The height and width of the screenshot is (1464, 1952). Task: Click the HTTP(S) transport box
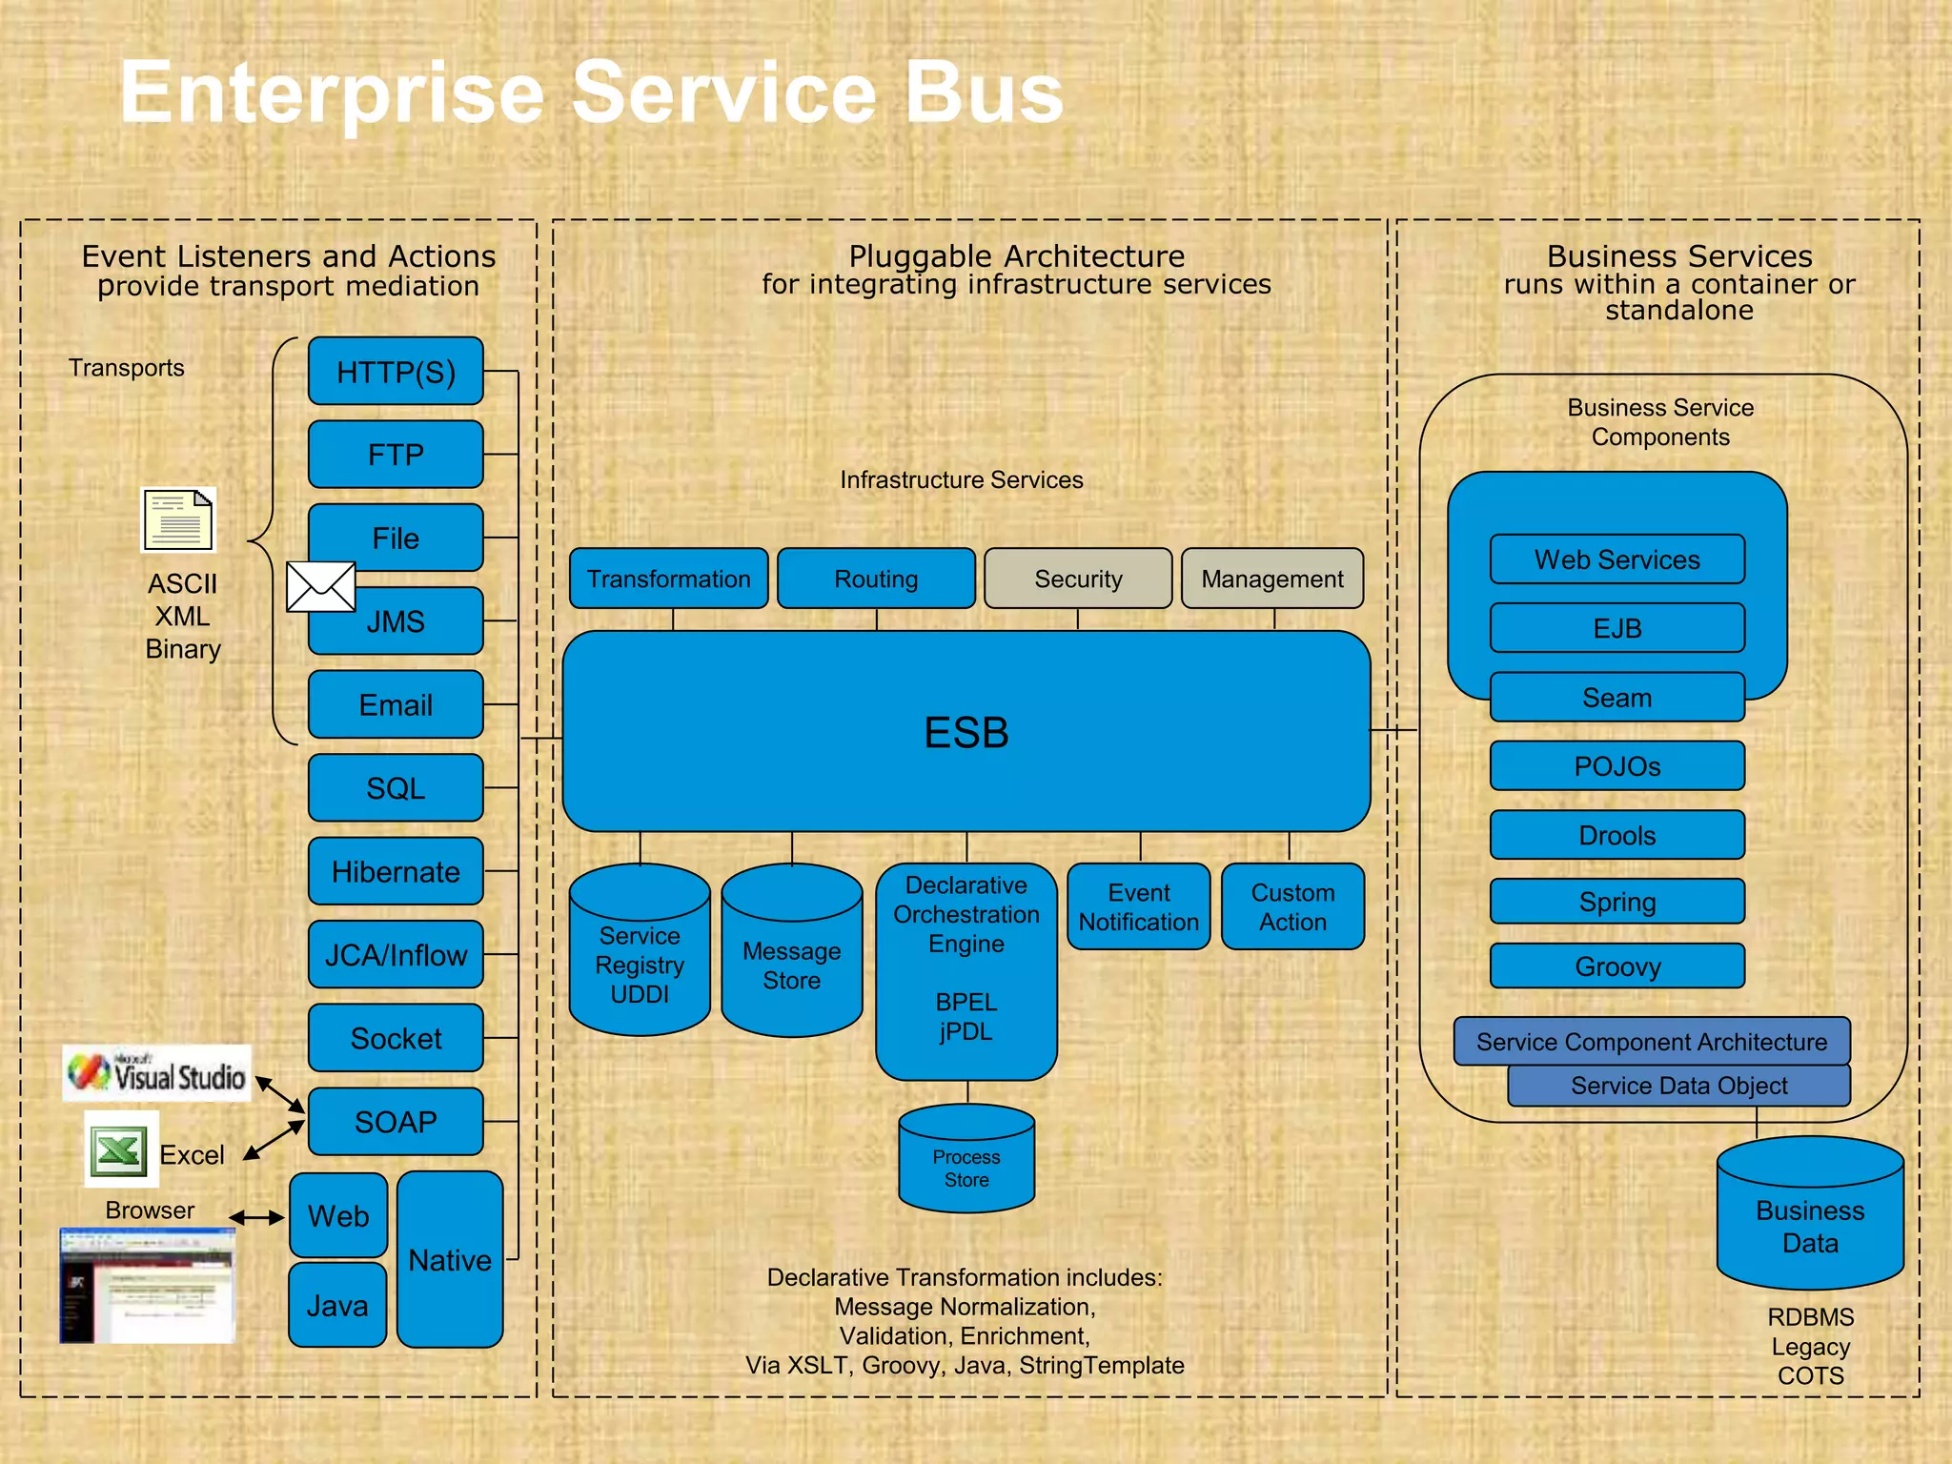pos(396,372)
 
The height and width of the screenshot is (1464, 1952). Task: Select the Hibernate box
pos(396,871)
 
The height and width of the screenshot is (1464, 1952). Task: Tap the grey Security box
pos(1078,579)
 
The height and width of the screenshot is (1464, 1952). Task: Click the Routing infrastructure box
pos(876,579)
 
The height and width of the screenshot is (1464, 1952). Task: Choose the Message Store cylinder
pos(792,953)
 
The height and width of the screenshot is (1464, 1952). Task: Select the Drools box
pos(1617,835)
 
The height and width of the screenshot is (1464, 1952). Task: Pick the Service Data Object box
pos(1678,1086)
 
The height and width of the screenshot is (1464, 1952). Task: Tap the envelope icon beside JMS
pos(321,587)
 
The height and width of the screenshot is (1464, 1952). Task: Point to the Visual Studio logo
pos(157,1074)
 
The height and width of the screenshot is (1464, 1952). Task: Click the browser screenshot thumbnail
pos(147,1285)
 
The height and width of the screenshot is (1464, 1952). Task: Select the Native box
pos(450,1260)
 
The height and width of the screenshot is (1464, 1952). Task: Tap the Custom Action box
pos(1292,906)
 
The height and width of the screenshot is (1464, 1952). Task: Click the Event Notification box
pos(1139,906)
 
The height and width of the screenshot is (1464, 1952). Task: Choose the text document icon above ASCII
pos(179,520)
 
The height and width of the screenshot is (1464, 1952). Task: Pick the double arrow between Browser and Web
pos(256,1217)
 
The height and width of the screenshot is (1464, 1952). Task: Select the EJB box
pos(1617,628)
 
